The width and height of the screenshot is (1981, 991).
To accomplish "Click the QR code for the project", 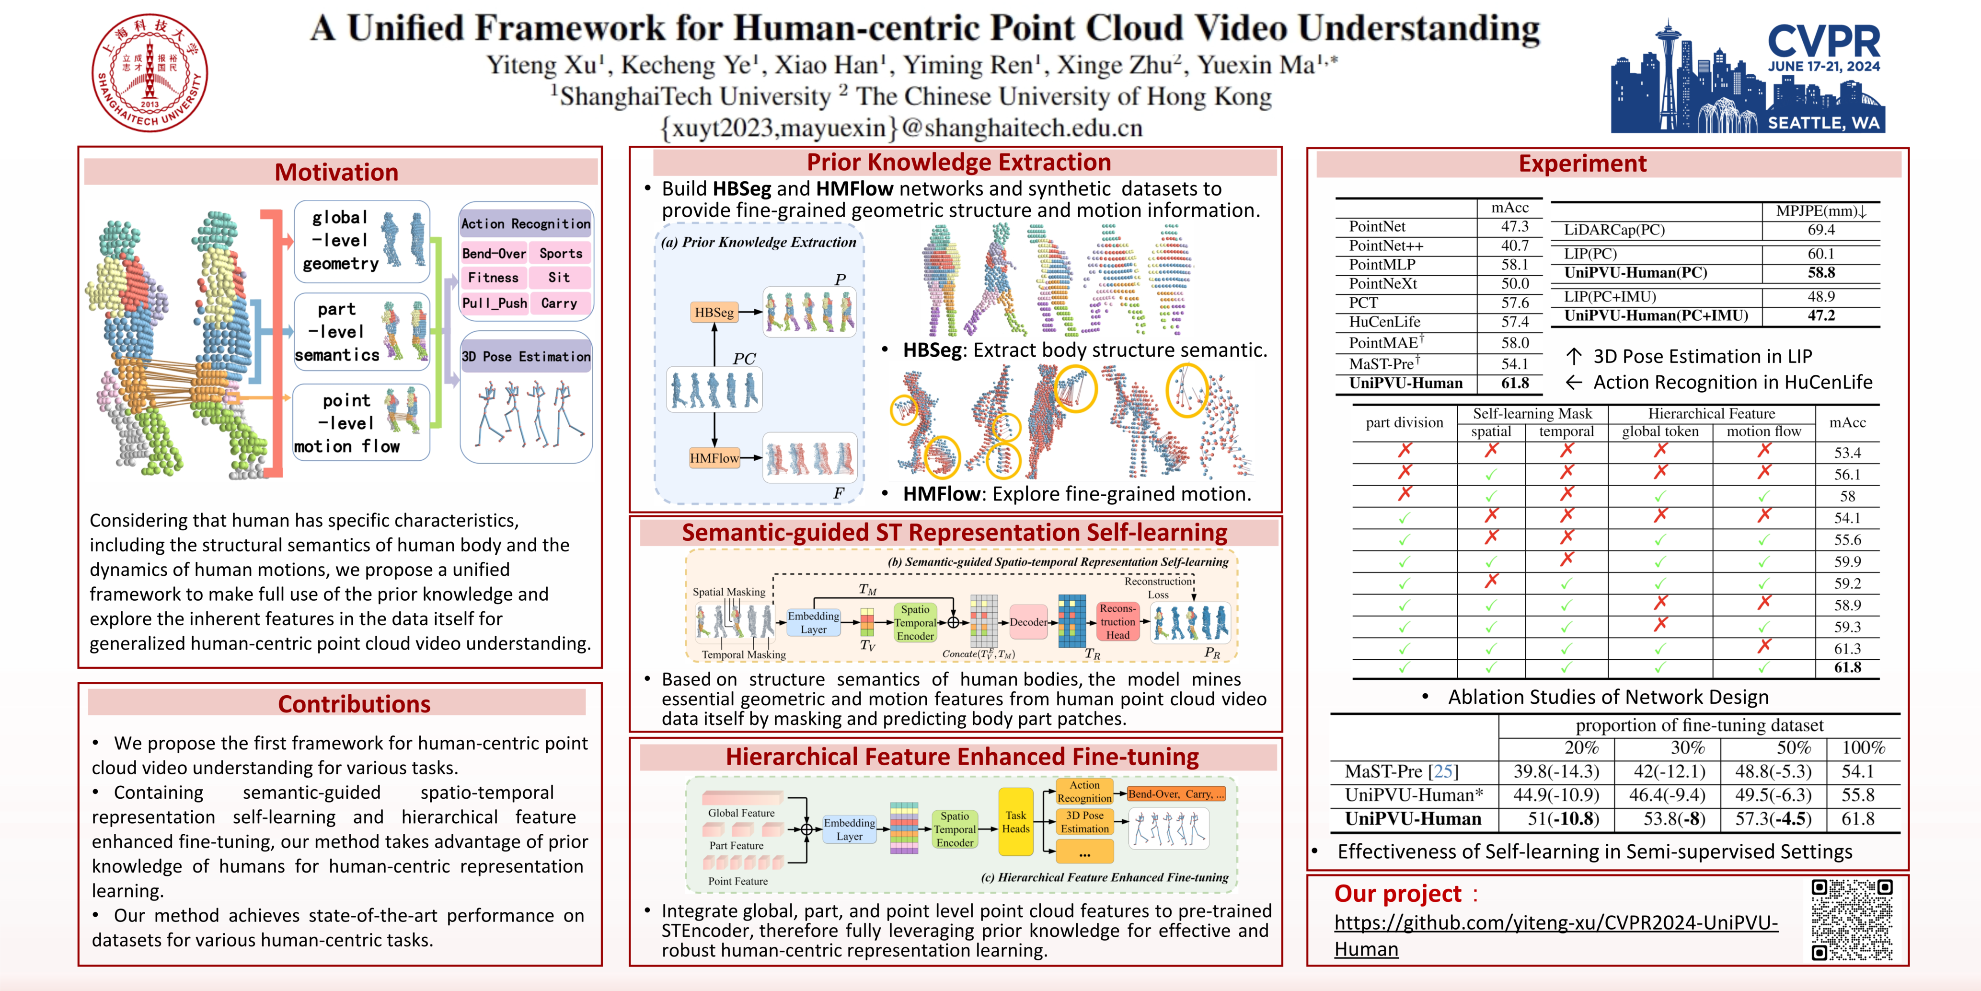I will pos(1851,920).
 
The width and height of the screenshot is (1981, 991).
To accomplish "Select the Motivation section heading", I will pos(337,172).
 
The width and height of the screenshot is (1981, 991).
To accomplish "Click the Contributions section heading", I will pos(354,703).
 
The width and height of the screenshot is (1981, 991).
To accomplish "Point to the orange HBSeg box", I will pos(714,313).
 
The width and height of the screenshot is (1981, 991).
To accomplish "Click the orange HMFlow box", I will pos(714,458).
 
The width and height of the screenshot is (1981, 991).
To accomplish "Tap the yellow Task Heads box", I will pos(1015,822).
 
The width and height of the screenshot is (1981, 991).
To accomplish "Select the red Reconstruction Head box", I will pos(1117,622).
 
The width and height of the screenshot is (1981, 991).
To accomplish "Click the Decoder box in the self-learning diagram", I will pos(1028,622).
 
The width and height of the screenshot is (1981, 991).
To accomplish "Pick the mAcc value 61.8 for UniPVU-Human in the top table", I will pos(1514,383).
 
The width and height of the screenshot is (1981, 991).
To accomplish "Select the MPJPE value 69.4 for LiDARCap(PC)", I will pos(1821,229).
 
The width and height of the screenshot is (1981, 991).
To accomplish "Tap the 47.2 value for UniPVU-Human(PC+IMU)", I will pos(1821,315).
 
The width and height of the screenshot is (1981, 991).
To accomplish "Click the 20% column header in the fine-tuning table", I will pos(1581,747).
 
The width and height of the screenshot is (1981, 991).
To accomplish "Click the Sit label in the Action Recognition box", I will pos(559,278).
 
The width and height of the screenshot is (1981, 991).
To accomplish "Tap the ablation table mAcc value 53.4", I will pos(1847,453).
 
